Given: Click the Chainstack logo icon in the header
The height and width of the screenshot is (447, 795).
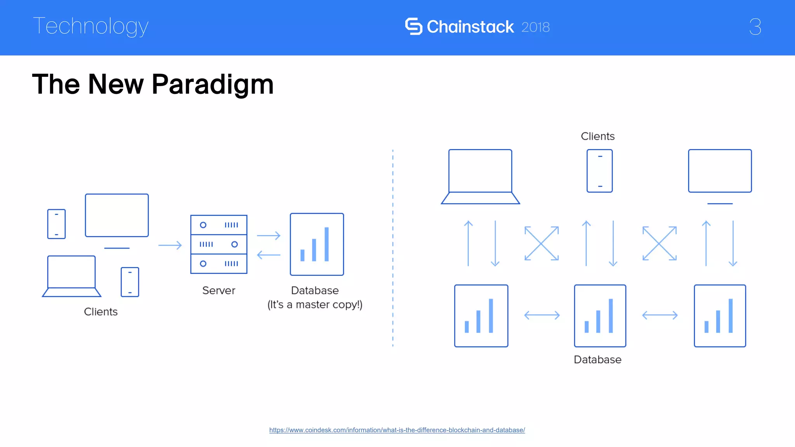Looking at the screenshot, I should [x=413, y=26].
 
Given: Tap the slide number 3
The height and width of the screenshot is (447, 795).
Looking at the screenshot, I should [x=755, y=27].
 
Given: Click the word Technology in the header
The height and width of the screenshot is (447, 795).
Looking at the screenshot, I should [x=91, y=26].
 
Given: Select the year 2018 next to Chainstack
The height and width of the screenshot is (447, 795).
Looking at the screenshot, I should [x=535, y=27].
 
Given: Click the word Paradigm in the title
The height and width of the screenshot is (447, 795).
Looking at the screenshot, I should [x=212, y=84].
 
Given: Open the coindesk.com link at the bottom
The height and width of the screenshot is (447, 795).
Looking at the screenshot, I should [x=397, y=430].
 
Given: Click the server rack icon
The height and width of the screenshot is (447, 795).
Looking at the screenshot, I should [x=219, y=244].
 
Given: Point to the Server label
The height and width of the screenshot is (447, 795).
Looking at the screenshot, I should [x=219, y=290].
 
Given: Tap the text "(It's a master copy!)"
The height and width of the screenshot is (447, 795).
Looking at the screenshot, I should [x=315, y=305].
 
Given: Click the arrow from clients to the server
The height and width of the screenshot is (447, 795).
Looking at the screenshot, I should [x=170, y=245].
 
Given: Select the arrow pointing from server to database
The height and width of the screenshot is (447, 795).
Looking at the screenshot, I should [x=269, y=236].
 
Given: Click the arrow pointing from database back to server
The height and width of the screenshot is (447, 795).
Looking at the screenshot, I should [x=269, y=255].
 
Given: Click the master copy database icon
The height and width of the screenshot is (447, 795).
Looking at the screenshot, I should [x=317, y=244].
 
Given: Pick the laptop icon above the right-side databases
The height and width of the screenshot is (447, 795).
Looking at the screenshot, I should [x=480, y=177].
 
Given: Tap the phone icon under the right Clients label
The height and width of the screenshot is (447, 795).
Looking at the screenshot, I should [x=599, y=171].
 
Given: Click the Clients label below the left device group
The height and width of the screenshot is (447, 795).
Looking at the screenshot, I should [x=101, y=312].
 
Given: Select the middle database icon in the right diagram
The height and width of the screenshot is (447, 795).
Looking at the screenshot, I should [x=600, y=316].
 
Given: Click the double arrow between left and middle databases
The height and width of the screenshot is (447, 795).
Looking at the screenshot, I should [x=542, y=315].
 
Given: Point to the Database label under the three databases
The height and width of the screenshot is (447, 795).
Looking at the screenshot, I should [x=597, y=360].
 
